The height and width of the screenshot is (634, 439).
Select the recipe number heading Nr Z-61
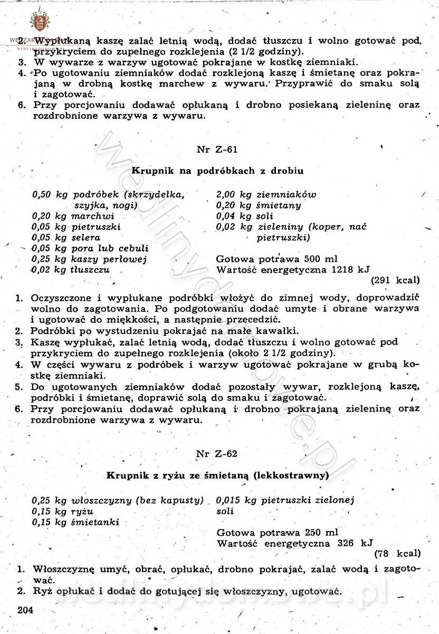pyautogui.click(x=216, y=150)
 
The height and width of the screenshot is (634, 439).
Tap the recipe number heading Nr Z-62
pyautogui.click(x=216, y=454)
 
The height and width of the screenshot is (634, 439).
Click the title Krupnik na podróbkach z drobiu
pyautogui.click(x=217, y=171)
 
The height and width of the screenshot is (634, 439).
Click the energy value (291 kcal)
pyautogui.click(x=396, y=280)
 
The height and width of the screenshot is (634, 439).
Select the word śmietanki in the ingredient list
pyautogui.click(x=95, y=522)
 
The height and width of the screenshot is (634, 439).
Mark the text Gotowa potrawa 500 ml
pyautogui.click(x=277, y=259)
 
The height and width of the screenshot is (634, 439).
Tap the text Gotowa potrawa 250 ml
pyautogui.click(x=277, y=532)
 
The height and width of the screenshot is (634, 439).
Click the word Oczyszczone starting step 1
pyautogui.click(x=57, y=298)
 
